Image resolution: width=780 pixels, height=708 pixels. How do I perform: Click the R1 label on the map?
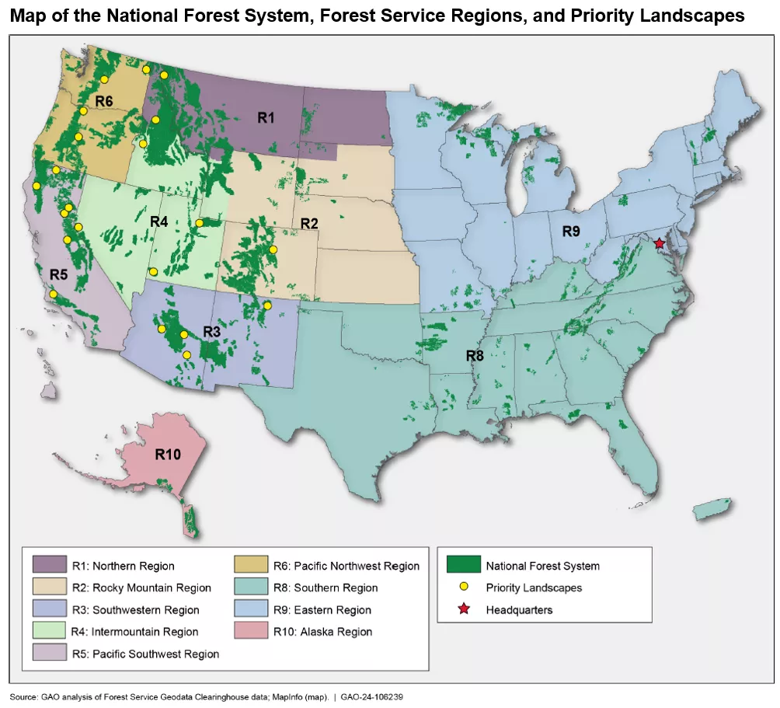266,118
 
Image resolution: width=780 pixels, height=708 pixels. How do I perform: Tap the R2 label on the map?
309,224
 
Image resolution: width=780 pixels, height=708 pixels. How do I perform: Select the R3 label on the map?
211,331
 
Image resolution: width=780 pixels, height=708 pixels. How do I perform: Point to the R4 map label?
158,221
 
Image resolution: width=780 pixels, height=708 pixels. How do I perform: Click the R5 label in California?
59,274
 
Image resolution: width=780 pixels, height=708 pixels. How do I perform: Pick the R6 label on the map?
104,101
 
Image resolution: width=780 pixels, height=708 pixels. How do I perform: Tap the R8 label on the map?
475,356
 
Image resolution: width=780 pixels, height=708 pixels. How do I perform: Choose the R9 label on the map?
571,232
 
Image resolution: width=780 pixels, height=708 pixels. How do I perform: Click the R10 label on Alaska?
167,455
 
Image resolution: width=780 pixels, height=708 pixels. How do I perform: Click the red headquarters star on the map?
660,243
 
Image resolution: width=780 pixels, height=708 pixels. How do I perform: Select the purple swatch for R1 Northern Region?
49,566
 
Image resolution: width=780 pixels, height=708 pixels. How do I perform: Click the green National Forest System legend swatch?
463,565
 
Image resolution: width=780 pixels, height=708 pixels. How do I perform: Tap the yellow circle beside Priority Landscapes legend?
463,588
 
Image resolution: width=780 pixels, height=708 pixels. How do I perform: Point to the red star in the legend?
463,609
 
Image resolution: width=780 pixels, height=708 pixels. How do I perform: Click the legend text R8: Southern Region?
326,588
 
